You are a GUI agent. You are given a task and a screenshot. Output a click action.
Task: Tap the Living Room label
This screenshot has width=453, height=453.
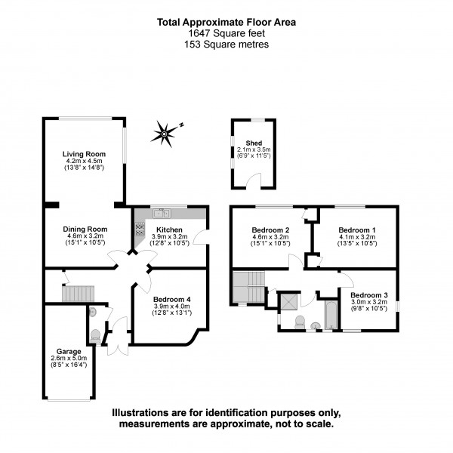pyautogui.click(x=83, y=154)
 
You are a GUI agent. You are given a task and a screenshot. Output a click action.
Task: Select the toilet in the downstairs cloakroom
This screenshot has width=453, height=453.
pyautogui.click(x=95, y=335)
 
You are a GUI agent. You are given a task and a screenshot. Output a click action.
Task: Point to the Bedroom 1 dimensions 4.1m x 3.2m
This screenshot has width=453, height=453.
pyautogui.click(x=356, y=236)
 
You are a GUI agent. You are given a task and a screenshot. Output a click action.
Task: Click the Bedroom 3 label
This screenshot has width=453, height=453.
pyautogui.click(x=369, y=294)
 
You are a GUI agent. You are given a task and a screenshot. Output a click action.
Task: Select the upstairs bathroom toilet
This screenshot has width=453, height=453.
pyautogui.click(x=299, y=323)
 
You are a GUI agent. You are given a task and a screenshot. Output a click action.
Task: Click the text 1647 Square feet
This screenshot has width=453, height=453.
pyautogui.click(x=226, y=33)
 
